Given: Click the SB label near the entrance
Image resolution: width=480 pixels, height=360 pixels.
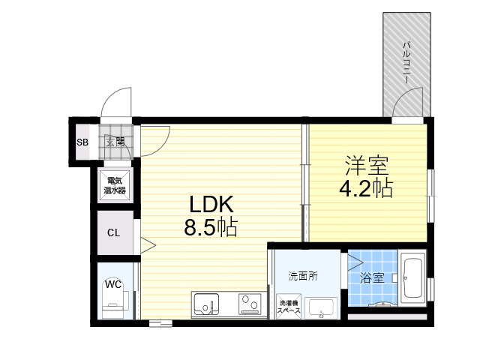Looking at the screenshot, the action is click(x=82, y=142).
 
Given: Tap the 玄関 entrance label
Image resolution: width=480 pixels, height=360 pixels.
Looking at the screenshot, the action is click(x=115, y=142).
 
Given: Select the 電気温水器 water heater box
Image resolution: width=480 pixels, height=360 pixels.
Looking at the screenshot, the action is click(x=115, y=185).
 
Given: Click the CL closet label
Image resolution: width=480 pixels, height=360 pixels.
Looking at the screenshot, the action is click(x=113, y=233).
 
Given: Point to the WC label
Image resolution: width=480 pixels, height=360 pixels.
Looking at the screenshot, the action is click(x=113, y=285).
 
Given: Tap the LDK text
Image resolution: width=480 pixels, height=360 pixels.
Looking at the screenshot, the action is click(x=211, y=205).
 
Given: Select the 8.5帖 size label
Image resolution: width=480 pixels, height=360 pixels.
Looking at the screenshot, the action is click(x=211, y=227).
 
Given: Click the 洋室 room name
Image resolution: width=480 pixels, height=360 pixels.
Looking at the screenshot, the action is click(x=367, y=165).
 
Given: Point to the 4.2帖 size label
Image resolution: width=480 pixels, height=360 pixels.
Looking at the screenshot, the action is click(x=366, y=188).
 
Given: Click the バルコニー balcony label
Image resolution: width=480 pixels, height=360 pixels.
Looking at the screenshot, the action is click(x=406, y=63).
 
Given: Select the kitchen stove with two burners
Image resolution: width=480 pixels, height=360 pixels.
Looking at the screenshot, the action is click(x=250, y=304).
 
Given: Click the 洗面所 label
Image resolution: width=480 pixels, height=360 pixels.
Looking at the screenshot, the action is click(x=303, y=276).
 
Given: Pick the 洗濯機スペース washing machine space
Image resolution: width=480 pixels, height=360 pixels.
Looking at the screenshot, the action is click(x=289, y=307).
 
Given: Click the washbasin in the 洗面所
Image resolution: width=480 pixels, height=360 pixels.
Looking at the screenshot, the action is click(x=322, y=308).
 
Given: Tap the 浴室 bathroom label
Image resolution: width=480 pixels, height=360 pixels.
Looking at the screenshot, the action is click(x=372, y=278).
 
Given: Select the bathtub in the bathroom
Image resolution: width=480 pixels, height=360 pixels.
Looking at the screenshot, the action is click(x=413, y=278).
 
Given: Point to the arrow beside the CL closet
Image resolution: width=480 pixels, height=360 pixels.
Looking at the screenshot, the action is click(x=148, y=245).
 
